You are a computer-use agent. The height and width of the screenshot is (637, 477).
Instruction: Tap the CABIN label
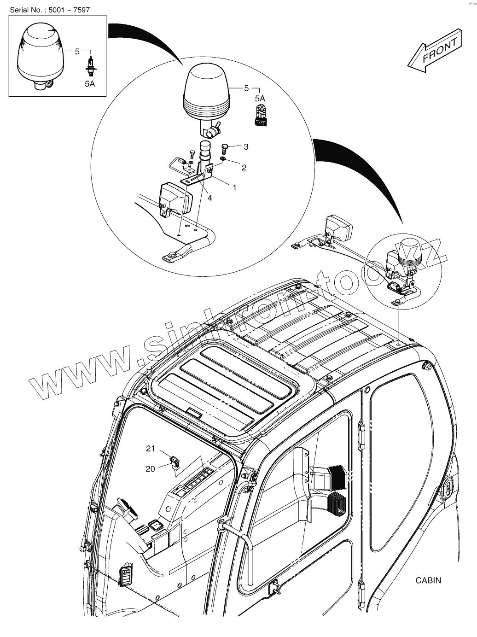click(x=428, y=580)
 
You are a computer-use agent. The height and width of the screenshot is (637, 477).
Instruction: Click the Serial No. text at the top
click(x=47, y=9)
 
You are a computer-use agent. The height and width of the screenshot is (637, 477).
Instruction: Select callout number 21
click(x=151, y=449)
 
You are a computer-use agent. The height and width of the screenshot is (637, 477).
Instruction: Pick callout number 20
click(x=150, y=469)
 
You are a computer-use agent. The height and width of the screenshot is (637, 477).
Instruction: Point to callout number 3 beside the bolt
click(x=246, y=147)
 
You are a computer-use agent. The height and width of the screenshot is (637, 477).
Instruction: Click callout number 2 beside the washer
click(x=244, y=168)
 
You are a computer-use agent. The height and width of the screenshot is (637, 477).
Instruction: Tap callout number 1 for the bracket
click(x=234, y=187)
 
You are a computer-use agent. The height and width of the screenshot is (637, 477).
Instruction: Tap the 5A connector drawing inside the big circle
click(x=260, y=114)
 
